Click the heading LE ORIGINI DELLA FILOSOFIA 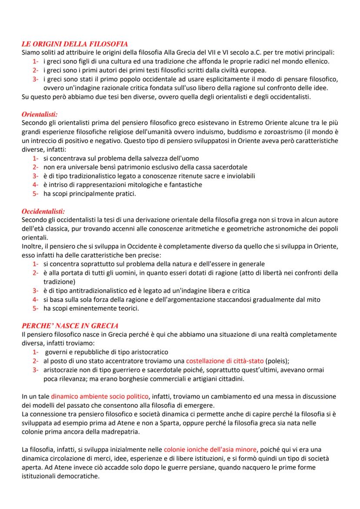(74, 44)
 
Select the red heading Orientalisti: (40, 114)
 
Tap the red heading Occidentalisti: (43, 211)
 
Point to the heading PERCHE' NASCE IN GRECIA (70, 326)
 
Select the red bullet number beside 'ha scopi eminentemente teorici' (35, 308)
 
